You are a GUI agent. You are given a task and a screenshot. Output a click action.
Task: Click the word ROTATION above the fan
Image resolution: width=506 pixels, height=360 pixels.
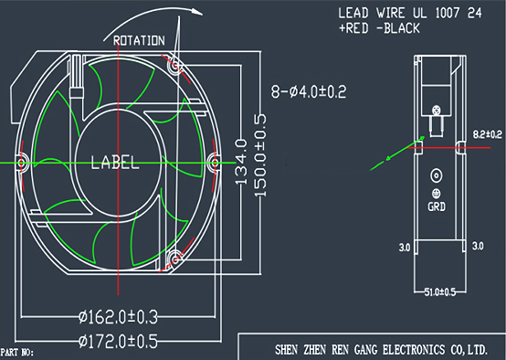pyautogui.click(x=139, y=41)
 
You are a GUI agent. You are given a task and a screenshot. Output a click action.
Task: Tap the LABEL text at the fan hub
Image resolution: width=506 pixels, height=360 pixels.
pyautogui.click(x=115, y=163)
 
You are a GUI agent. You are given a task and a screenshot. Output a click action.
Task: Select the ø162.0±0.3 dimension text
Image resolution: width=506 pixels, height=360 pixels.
pyautogui.click(x=118, y=317)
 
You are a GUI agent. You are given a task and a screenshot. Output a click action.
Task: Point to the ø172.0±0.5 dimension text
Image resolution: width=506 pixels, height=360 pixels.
pyautogui.click(x=118, y=341)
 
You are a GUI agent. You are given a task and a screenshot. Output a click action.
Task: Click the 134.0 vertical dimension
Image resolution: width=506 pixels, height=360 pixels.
pyautogui.click(x=241, y=162)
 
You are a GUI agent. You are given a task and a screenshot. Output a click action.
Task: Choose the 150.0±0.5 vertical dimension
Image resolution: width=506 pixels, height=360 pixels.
pyautogui.click(x=260, y=155)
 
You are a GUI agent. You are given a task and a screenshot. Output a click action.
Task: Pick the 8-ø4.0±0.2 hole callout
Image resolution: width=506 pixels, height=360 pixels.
pyautogui.click(x=309, y=91)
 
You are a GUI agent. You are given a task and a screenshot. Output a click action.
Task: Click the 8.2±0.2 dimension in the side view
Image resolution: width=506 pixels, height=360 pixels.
pyautogui.click(x=488, y=134)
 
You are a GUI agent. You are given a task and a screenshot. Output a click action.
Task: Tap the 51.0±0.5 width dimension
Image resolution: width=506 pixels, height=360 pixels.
pyautogui.click(x=440, y=292)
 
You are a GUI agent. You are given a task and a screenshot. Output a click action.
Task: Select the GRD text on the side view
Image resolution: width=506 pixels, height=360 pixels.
pyautogui.click(x=437, y=206)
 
